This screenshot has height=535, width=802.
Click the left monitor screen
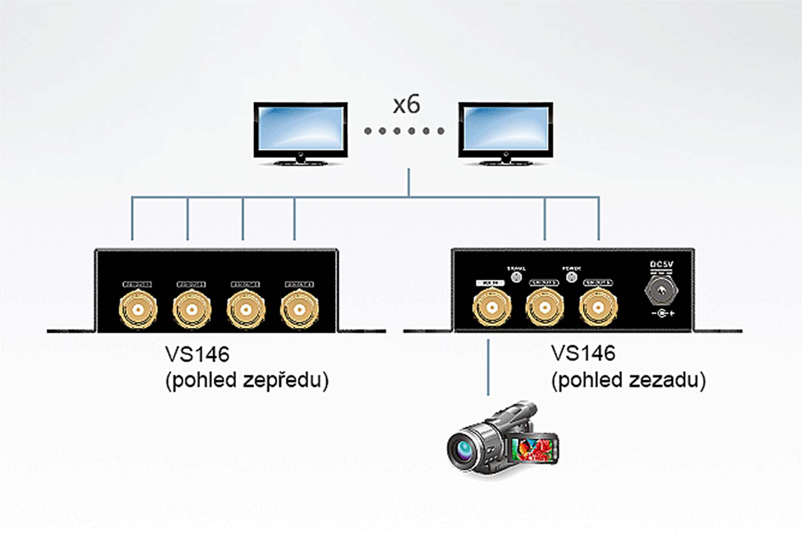click(x=300, y=129)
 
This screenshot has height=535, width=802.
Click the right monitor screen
click(x=505, y=129)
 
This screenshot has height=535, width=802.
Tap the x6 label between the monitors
click(x=406, y=104)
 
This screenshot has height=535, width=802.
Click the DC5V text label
click(x=662, y=265)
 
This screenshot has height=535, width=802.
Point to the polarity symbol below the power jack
click(x=663, y=313)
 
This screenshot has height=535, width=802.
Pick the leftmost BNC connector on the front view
click(x=137, y=309)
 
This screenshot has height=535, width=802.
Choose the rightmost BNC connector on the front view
click(x=299, y=309)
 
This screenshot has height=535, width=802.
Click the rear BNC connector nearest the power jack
click(x=598, y=308)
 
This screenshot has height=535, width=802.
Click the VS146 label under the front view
click(x=197, y=355)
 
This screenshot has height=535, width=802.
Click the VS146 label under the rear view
click(x=583, y=353)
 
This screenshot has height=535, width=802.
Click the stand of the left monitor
click(x=300, y=159)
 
